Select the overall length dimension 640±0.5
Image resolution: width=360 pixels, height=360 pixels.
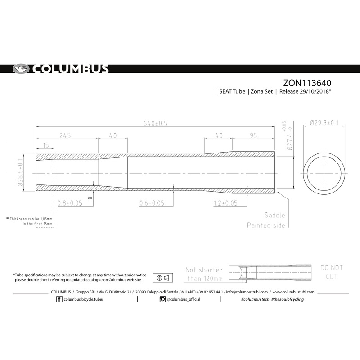click(155, 123)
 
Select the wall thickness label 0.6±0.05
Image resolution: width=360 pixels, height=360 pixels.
click(152, 203)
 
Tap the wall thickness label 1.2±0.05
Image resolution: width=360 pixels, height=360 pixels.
click(225, 203)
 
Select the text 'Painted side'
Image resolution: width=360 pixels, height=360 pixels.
click(266, 225)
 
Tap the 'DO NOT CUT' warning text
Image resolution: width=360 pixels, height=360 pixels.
click(331, 272)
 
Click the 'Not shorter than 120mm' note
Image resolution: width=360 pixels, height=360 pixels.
click(204, 274)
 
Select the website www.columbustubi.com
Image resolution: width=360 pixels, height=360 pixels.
click(293, 292)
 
